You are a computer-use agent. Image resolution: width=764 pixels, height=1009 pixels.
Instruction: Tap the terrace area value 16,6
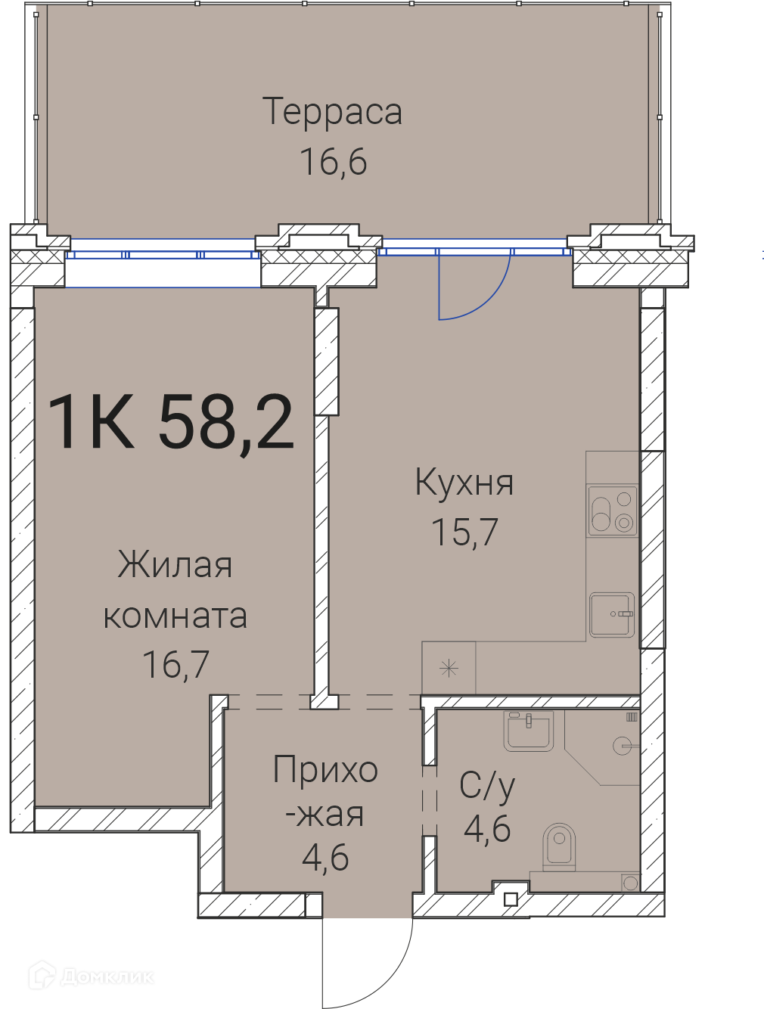click(x=334, y=162)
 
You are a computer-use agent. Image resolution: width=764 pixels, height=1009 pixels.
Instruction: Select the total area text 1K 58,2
click(x=170, y=422)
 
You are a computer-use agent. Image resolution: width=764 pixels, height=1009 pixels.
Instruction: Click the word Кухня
click(x=464, y=483)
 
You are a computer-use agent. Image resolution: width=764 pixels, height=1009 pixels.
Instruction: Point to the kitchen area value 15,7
click(x=464, y=532)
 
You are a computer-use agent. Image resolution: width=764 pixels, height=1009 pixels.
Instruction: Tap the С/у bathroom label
click(x=487, y=787)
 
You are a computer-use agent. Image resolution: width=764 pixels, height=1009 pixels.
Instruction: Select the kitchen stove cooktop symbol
click(x=613, y=511)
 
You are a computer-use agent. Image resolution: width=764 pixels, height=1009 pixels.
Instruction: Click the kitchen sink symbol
click(x=612, y=615)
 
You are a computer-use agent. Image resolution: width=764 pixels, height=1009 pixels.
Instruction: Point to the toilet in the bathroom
click(x=559, y=846)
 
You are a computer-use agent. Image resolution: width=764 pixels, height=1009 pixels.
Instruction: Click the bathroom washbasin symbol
click(x=528, y=732)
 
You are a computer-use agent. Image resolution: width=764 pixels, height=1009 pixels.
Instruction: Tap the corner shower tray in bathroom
click(x=602, y=747)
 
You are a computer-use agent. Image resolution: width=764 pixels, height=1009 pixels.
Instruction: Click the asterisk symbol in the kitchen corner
click(x=449, y=668)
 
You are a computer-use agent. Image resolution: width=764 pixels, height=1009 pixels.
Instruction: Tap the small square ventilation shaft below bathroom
click(x=511, y=899)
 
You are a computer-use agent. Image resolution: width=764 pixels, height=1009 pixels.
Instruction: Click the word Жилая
click(x=175, y=564)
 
